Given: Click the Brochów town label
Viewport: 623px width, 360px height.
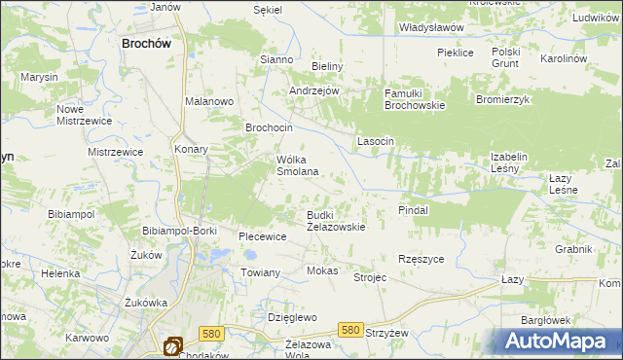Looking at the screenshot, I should pos(147,44).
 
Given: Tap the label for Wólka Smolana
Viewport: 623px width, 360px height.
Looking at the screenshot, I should pos(298,164).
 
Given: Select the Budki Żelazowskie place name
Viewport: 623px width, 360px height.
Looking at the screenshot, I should pos(336,220).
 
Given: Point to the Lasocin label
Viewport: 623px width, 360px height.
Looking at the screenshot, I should pos(376,141).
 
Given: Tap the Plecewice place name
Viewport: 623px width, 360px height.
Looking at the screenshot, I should pos(263,236).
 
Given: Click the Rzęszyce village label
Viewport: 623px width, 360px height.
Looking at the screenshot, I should pos(421,259).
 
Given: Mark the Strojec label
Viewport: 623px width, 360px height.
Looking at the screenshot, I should pos(370,277).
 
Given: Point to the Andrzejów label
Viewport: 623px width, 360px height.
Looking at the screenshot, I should pos(313,90).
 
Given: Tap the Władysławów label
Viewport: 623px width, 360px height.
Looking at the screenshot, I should pos(431,28).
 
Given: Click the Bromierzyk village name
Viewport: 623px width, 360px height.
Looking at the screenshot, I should pos(502,100).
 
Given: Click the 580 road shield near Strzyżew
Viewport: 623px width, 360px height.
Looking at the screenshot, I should pos(352,331).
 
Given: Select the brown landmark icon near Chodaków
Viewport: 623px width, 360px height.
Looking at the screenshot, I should pos(172,345).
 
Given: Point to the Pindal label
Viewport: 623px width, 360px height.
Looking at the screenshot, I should pos(414,210).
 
